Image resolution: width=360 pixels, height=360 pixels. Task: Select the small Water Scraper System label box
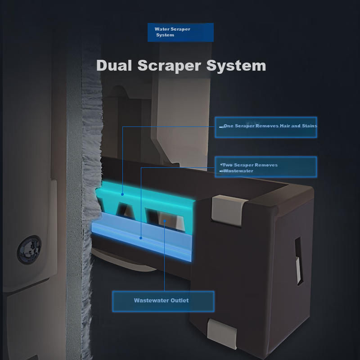180,32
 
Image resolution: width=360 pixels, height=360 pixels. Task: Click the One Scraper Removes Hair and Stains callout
265,127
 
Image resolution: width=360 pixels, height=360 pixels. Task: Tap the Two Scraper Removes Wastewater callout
265,167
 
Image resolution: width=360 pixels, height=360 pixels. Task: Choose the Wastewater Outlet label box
163,301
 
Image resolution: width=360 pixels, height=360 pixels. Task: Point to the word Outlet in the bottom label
180,301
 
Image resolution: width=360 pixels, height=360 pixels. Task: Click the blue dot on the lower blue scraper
141,238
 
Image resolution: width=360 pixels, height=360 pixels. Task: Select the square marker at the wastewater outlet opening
165,220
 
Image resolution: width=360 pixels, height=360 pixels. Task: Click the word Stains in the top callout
310,126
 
